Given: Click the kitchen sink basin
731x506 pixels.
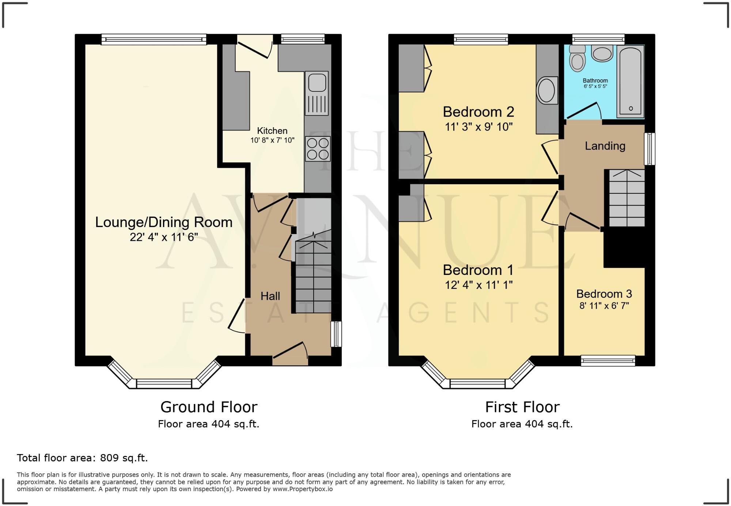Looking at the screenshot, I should point(317,83).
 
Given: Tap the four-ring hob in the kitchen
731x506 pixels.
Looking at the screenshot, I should point(318,149).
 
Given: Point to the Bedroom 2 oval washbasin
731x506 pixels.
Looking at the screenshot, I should point(546,90).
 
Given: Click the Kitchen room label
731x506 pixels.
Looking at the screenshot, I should point(272,131).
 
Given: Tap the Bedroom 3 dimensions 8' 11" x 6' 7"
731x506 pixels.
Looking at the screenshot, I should point(604,306).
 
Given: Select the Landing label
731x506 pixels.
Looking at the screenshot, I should point(605,146).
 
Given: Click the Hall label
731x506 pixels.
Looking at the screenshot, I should point(270,296).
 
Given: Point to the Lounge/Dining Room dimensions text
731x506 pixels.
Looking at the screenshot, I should point(164,237).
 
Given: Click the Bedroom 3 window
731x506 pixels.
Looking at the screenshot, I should point(608,361).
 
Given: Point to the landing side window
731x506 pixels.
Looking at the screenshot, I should point(649,149).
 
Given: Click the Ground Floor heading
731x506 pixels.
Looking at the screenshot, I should point(209,407).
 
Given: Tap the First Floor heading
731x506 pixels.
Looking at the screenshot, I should point(522,407).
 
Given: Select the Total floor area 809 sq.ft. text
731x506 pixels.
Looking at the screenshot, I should point(82,458).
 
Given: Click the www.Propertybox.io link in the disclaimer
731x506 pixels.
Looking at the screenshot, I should point(302,489).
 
